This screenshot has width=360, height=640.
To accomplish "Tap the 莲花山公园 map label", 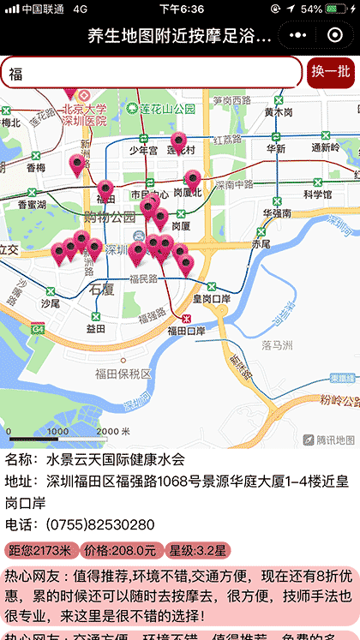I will [x=168, y=109].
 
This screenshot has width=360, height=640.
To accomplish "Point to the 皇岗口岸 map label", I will [x=211, y=299].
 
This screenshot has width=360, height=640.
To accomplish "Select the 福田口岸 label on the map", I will [x=187, y=331].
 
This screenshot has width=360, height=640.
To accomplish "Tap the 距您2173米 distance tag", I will [x=41, y=550].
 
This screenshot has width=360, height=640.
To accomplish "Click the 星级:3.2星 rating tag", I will [x=197, y=550].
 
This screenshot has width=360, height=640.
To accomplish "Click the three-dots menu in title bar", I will [x=297, y=35].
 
